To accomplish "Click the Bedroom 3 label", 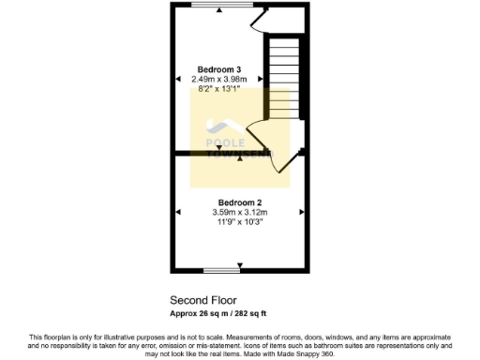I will [218, 69].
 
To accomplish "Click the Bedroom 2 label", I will [239, 202].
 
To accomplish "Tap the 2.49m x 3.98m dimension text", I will [218, 80].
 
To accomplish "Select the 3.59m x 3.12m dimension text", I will [239, 213].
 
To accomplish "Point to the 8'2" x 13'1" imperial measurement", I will [218, 89].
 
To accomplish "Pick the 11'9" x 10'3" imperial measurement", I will [239, 223].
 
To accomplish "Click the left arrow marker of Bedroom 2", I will [177, 213].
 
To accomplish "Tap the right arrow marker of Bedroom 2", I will [302, 213].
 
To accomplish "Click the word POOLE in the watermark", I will [223, 142].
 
